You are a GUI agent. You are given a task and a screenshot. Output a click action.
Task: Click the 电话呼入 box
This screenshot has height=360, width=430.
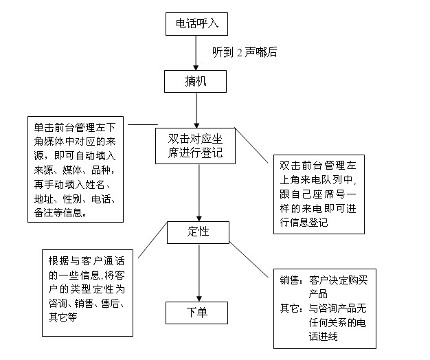(x=196, y=24)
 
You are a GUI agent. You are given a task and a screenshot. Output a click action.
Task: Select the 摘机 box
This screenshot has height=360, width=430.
(x=196, y=82)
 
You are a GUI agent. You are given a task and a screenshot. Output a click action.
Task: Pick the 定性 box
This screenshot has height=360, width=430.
(x=198, y=232)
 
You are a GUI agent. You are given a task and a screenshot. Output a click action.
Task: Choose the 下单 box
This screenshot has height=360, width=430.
(x=197, y=312)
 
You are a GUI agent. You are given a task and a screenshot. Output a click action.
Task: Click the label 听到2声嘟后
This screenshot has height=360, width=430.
(x=245, y=52)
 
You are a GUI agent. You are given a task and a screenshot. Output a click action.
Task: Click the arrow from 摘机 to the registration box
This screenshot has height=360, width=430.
(x=196, y=109)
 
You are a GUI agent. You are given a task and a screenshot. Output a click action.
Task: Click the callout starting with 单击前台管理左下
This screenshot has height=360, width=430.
(x=76, y=169)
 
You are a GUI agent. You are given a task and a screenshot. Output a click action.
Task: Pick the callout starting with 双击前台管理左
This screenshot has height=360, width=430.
(x=319, y=193)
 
